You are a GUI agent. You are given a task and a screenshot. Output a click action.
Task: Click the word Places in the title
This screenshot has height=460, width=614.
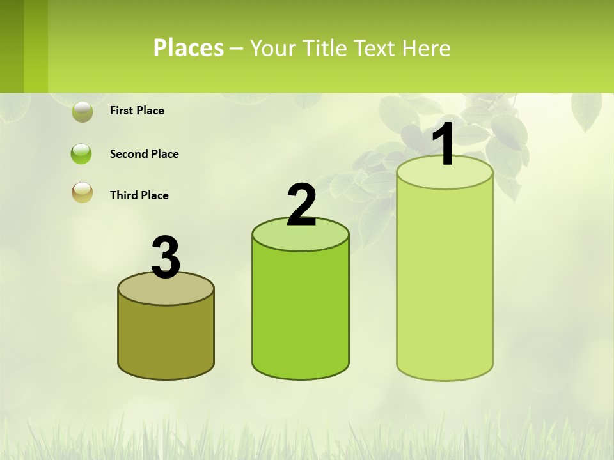189,48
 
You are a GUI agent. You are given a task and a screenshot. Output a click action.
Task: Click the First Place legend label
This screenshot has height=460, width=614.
137,111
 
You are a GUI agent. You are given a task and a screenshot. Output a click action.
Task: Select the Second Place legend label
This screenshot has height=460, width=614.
144,154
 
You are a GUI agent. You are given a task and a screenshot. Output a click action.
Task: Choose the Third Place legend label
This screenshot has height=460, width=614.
139,195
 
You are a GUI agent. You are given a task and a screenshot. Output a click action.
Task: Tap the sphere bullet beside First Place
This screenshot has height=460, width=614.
82,111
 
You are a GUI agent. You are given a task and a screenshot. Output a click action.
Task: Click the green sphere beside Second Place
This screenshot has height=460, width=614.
82,154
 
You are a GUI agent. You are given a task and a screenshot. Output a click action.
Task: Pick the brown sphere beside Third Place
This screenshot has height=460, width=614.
82,192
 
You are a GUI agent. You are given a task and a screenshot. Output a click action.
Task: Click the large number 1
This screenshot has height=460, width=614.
443,144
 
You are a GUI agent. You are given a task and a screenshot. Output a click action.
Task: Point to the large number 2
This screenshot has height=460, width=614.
301,205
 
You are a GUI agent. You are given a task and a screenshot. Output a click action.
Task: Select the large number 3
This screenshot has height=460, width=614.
166,258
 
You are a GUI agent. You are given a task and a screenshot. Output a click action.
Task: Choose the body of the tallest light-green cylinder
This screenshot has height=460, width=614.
445,281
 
